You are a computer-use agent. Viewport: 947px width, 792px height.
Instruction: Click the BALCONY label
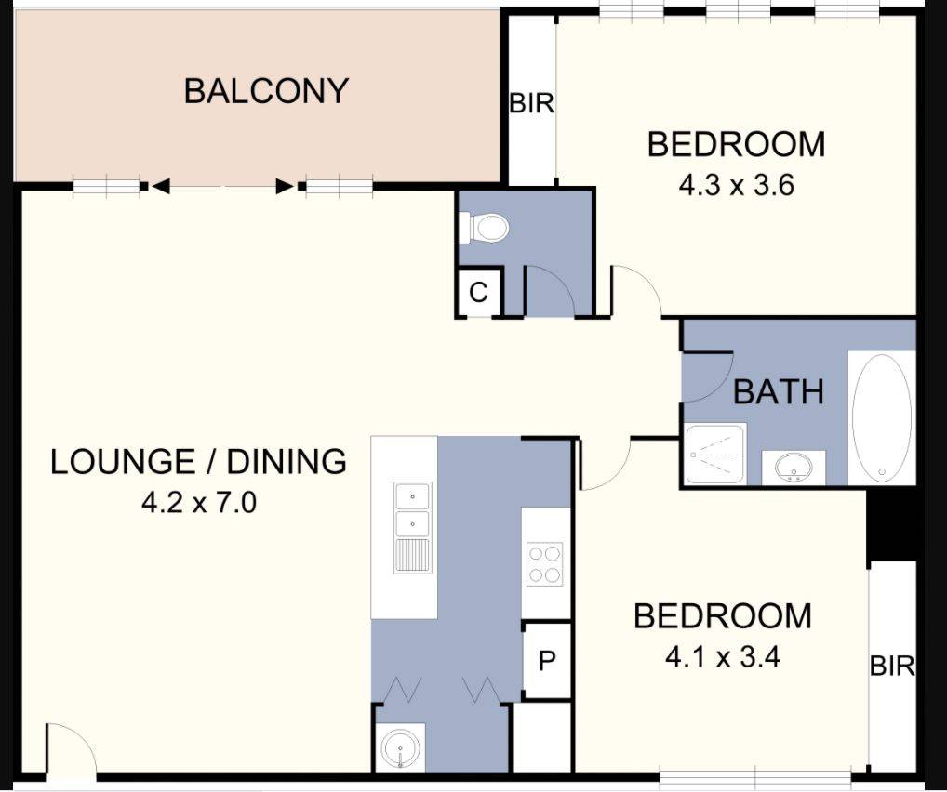point(265,91)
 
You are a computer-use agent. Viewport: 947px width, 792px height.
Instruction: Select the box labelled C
point(478,293)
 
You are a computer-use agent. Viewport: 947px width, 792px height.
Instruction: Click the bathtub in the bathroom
point(881,417)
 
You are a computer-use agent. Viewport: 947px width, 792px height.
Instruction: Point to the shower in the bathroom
point(715,455)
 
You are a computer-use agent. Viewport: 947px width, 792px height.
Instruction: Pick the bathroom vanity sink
point(794,468)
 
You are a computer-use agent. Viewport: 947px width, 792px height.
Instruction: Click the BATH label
point(778,391)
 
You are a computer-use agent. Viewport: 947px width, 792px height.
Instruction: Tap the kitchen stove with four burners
point(545,563)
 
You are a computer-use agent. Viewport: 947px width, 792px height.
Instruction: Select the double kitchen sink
point(412,526)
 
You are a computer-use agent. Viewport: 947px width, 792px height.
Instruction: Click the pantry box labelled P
point(547,661)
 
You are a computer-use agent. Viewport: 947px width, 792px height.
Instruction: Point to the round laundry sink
point(402,749)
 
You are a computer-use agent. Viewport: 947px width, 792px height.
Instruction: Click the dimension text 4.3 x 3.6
point(735,185)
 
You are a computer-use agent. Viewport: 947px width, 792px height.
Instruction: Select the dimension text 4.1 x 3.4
point(722,657)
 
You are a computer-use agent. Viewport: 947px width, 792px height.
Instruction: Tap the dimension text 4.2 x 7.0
point(198,504)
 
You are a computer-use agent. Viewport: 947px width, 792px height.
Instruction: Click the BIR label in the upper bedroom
point(531,104)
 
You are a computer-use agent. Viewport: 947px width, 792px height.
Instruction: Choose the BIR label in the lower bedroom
point(892,666)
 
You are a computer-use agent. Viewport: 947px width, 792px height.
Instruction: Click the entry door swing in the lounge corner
point(71,749)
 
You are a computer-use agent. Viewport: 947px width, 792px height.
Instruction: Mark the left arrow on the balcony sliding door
point(161,187)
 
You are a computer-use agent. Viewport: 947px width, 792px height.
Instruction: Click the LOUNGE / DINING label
point(198,461)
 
